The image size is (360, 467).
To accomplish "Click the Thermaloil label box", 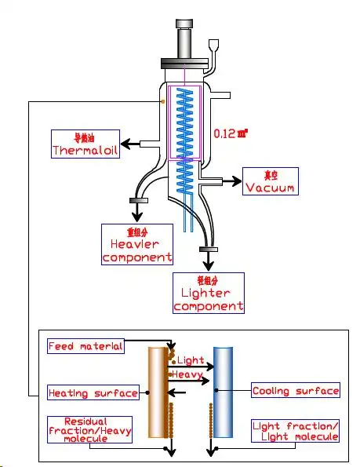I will [x=85, y=144].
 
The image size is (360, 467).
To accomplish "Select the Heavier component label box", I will [x=137, y=244].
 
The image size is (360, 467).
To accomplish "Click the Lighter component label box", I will [x=208, y=292].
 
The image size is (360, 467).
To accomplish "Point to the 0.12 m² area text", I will [x=231, y=134].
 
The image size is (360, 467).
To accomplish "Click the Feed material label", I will [x=85, y=346].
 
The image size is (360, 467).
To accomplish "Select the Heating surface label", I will [x=93, y=392].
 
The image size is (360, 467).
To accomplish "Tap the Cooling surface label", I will [x=296, y=390].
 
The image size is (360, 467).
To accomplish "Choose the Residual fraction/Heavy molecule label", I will [x=88, y=429].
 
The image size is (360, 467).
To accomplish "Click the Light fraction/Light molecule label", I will [x=296, y=430].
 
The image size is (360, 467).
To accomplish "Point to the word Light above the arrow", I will [x=191, y=359].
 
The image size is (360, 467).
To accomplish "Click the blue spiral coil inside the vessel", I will [x=185, y=133].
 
